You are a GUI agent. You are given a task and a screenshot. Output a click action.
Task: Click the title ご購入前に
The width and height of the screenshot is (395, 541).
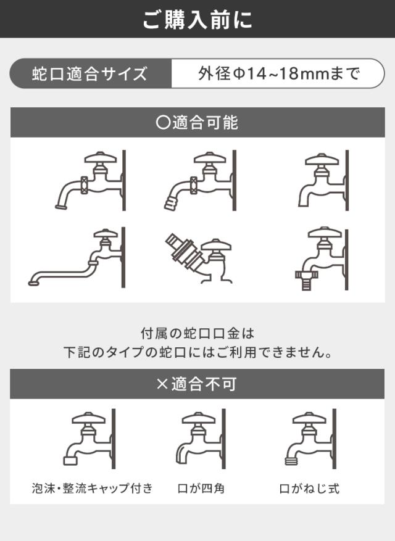pyautogui.click(x=197, y=19)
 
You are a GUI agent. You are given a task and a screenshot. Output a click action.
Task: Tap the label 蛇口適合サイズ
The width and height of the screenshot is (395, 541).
pyautogui.click(x=89, y=74)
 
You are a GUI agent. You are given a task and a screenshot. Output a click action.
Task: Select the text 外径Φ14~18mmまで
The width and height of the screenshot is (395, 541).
pyautogui.click(x=278, y=73)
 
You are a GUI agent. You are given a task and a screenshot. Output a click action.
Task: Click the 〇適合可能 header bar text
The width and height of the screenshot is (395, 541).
pyautogui.click(x=197, y=123)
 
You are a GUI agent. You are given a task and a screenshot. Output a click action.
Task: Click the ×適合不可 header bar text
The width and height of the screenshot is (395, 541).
pyautogui.click(x=197, y=384)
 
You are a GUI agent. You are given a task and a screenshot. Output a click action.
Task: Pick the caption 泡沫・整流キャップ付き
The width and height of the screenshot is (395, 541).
pyautogui.click(x=92, y=488)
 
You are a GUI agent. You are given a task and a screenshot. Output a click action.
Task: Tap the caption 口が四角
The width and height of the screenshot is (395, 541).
pyautogui.click(x=201, y=488)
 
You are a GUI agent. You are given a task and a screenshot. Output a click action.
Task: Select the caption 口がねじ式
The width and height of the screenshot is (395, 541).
pyautogui.click(x=309, y=488)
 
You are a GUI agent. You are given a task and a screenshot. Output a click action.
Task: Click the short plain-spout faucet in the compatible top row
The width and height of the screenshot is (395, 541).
pyautogui.click(x=323, y=180)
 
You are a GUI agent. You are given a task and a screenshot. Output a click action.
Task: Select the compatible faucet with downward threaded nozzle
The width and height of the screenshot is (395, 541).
pyautogui.click(x=322, y=258)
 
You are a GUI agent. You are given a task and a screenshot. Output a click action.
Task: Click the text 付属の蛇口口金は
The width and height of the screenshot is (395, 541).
pyautogui.click(x=197, y=333)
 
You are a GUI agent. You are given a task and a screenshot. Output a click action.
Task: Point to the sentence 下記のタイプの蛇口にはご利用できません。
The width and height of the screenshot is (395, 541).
pyautogui.click(x=197, y=352)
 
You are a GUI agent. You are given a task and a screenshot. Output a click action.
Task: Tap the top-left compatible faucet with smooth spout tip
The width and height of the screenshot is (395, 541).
pyautogui.click(x=91, y=181)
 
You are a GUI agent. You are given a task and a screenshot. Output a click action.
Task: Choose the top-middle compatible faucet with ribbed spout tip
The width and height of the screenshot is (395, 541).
pyautogui.click(x=200, y=181)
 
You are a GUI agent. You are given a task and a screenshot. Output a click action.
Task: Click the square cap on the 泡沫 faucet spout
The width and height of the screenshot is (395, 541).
pyautogui.click(x=70, y=460)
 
